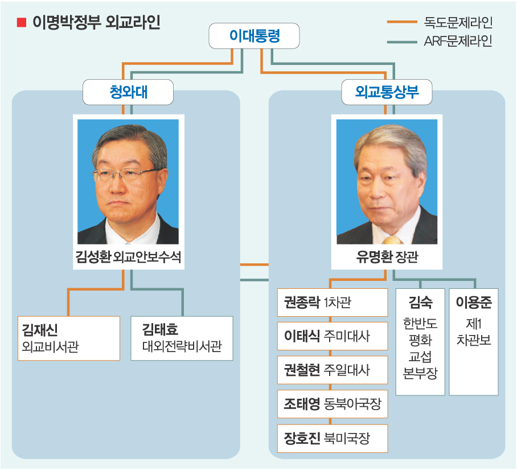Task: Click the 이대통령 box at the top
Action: pos(254,36)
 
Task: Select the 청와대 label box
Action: pos(128,92)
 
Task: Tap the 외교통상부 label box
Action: pos(387,92)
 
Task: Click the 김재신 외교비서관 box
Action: pos(68,338)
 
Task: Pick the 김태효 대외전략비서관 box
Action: pos(182,338)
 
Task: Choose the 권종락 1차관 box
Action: pos(333,303)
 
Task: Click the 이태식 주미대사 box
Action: pos(333,336)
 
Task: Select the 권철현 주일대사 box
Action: pos(333,370)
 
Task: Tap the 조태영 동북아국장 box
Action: pos(333,404)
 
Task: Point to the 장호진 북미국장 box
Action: pos(333,438)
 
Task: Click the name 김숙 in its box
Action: pos(420,302)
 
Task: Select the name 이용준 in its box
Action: pos(474,302)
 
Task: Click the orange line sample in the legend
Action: pos(402,22)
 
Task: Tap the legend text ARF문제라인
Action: pos(458,41)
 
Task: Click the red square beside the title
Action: pos(22,22)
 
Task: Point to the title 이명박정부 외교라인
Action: pos(96,22)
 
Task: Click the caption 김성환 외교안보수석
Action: pos(128,256)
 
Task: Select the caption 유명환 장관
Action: pos(387,256)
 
